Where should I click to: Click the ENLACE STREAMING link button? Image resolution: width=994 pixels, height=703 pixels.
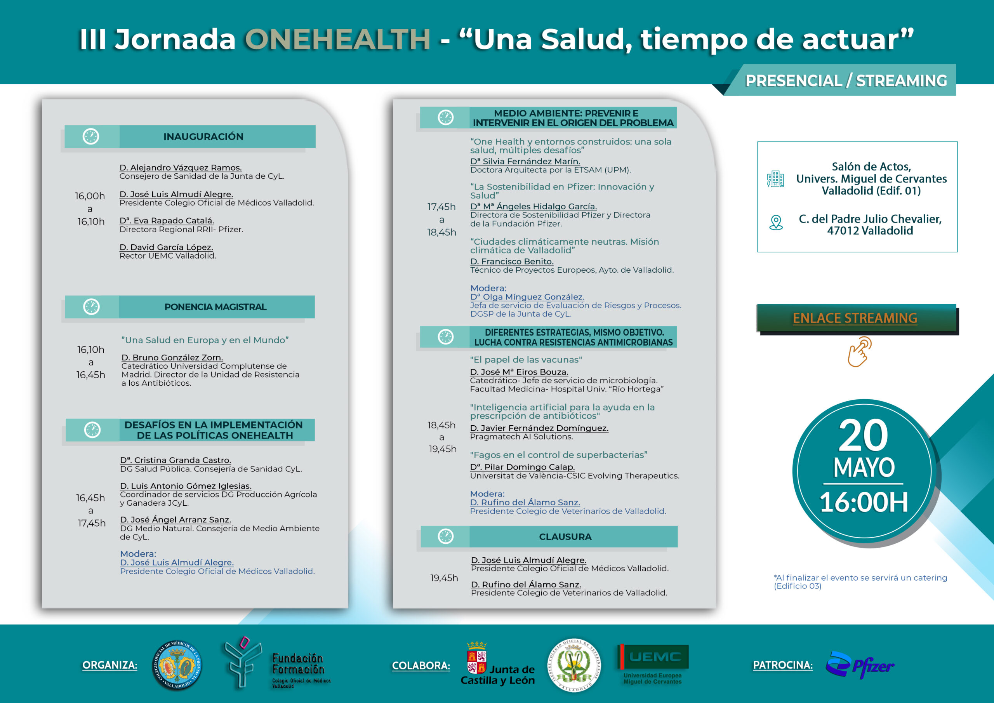coord(855,318)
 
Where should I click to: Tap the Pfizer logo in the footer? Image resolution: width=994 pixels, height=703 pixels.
coord(860,665)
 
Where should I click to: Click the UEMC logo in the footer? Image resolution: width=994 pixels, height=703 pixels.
coord(653,664)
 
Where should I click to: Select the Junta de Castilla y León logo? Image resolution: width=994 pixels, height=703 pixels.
coord(498,664)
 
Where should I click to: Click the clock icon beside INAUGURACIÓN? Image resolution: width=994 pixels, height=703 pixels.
coord(91,136)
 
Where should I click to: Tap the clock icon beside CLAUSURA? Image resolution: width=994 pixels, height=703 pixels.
coord(445,536)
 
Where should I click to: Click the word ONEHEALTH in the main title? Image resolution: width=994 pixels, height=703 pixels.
coord(338,39)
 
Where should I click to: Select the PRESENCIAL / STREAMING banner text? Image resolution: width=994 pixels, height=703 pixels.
coord(846,80)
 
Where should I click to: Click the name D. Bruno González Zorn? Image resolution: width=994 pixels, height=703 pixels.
coord(172,357)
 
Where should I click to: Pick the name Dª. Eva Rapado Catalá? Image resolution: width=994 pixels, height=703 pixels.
coord(167,221)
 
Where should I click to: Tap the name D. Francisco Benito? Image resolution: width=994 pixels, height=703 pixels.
coord(512,261)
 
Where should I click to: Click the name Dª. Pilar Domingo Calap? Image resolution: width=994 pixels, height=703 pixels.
coord(522,466)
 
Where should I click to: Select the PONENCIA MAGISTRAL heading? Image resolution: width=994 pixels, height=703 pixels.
coord(215,307)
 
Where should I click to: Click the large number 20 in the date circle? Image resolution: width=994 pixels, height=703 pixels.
coord(863,435)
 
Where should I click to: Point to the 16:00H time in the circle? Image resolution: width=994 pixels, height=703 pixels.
coord(863,502)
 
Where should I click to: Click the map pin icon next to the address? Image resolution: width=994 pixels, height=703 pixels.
coord(776,223)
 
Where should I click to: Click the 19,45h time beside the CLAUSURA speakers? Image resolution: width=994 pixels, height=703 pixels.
coord(444,578)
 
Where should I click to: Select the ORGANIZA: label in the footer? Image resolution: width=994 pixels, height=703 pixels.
coord(109,665)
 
